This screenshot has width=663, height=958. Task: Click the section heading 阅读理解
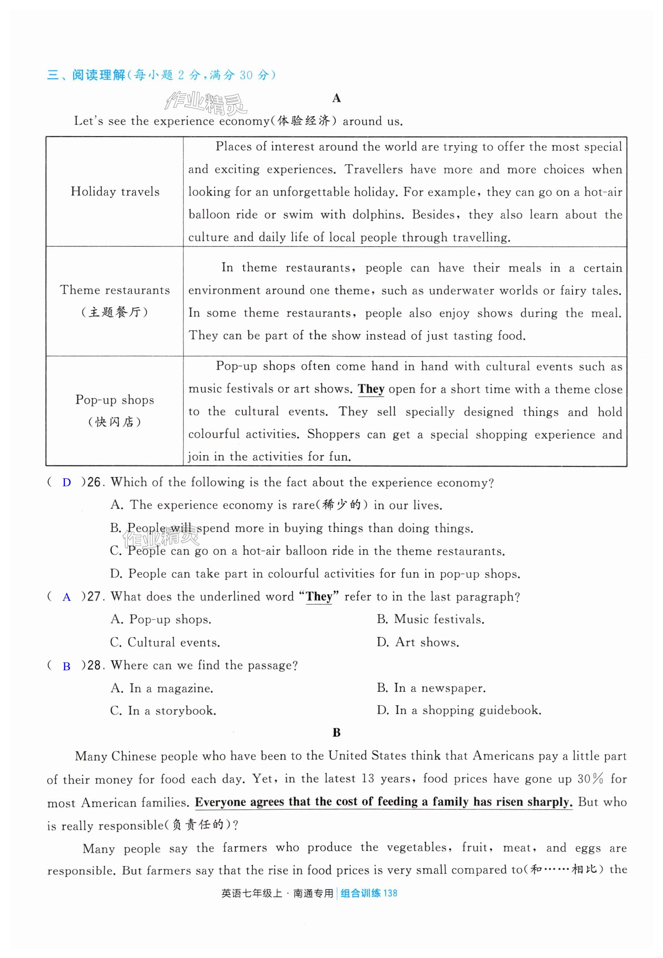[x=99, y=75]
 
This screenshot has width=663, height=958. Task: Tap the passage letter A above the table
[x=337, y=98]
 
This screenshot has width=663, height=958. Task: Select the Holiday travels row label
[x=115, y=192]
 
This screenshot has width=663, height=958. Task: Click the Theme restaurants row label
[x=115, y=290]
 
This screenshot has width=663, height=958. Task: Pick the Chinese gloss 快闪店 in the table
[x=115, y=422]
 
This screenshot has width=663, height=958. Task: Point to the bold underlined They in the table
[x=371, y=389]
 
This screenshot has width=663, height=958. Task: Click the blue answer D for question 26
[x=66, y=483]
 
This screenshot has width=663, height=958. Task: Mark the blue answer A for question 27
[x=66, y=597]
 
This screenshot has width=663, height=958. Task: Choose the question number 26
[x=94, y=482]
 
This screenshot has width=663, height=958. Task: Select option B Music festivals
[x=431, y=619]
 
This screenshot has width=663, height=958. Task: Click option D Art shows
[x=418, y=642]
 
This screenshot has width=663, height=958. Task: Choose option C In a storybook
[x=163, y=711]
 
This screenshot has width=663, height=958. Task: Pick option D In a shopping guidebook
[x=459, y=710]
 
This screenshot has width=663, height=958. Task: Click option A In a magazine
[x=162, y=688]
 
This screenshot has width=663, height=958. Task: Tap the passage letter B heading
[x=337, y=733]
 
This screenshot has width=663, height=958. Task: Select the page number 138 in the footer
[x=390, y=893]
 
